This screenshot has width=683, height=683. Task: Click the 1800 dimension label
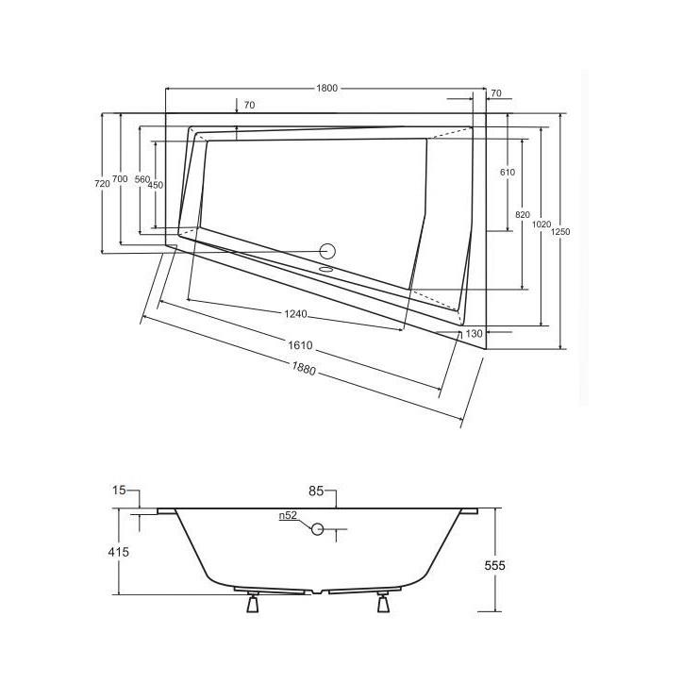point(326,88)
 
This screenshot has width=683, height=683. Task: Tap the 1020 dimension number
point(541,225)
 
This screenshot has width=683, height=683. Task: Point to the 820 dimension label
point(522,215)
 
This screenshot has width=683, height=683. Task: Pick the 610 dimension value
point(507,173)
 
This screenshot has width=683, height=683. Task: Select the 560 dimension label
point(142,179)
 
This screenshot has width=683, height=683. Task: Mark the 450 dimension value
point(156,186)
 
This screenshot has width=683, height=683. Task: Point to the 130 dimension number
point(474,334)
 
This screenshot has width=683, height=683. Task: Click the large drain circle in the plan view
point(328,251)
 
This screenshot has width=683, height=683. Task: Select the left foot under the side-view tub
point(252,603)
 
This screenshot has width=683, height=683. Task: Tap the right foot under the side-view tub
point(383,603)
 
